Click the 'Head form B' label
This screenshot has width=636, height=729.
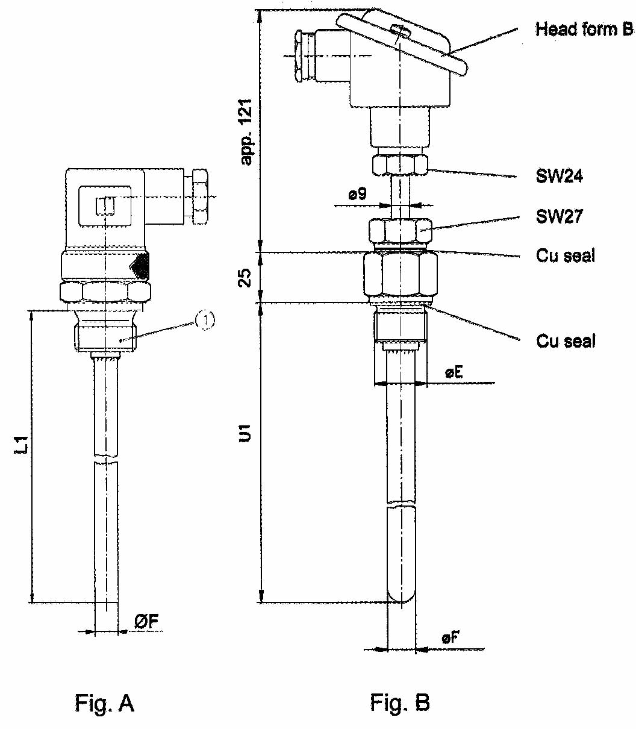coord(584,29)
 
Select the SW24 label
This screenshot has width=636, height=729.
coord(559,177)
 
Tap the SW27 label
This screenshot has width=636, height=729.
coord(559,216)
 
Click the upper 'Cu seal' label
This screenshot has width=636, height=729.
coord(565,255)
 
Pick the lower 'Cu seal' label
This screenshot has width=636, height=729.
coord(565,341)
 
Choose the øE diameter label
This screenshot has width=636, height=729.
coord(454,373)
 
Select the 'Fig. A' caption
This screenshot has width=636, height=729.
coord(104,702)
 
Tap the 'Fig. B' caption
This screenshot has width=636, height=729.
coord(400,702)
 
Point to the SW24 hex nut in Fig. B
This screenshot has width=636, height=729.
coord(400,164)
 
